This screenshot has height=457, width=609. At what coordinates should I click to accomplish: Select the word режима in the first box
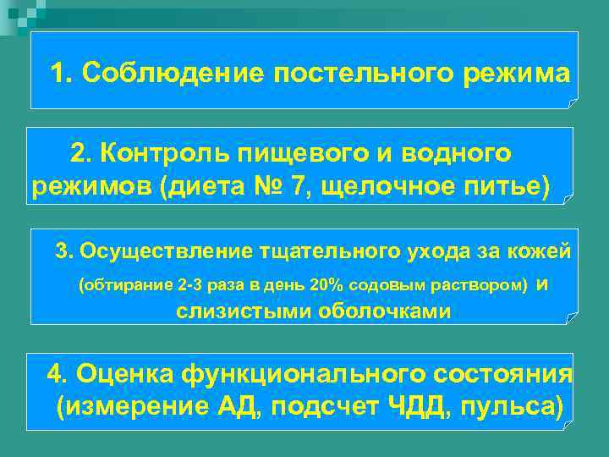pos(516,73)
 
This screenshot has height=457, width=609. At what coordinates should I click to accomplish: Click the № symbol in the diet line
pos(262,186)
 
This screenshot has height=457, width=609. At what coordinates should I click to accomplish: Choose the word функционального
pos(288,373)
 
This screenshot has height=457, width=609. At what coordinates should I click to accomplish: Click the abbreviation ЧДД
pos(423,407)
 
